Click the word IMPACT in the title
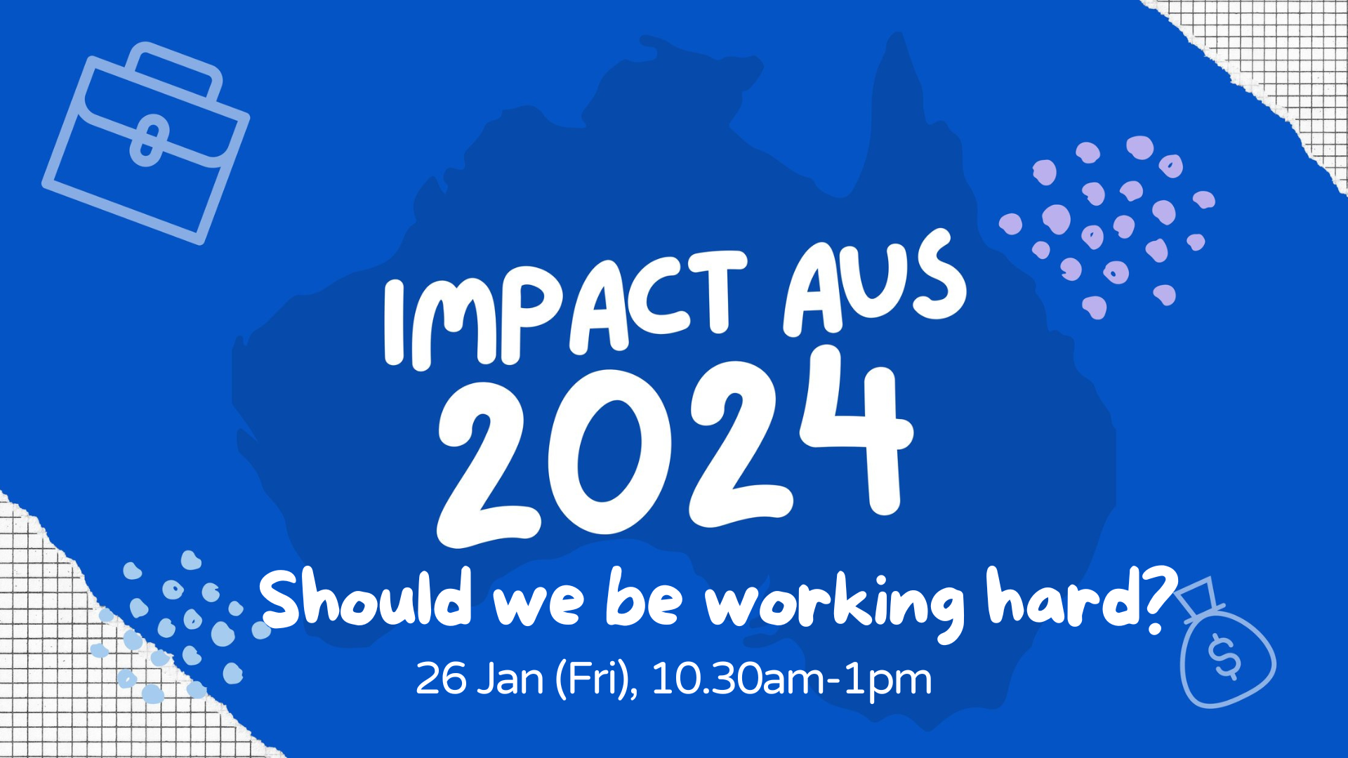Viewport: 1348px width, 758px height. (x=565, y=310)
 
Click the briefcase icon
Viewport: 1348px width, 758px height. (x=146, y=143)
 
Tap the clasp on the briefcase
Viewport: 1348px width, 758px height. (x=149, y=140)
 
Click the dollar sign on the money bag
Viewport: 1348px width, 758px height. (x=1224, y=657)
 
